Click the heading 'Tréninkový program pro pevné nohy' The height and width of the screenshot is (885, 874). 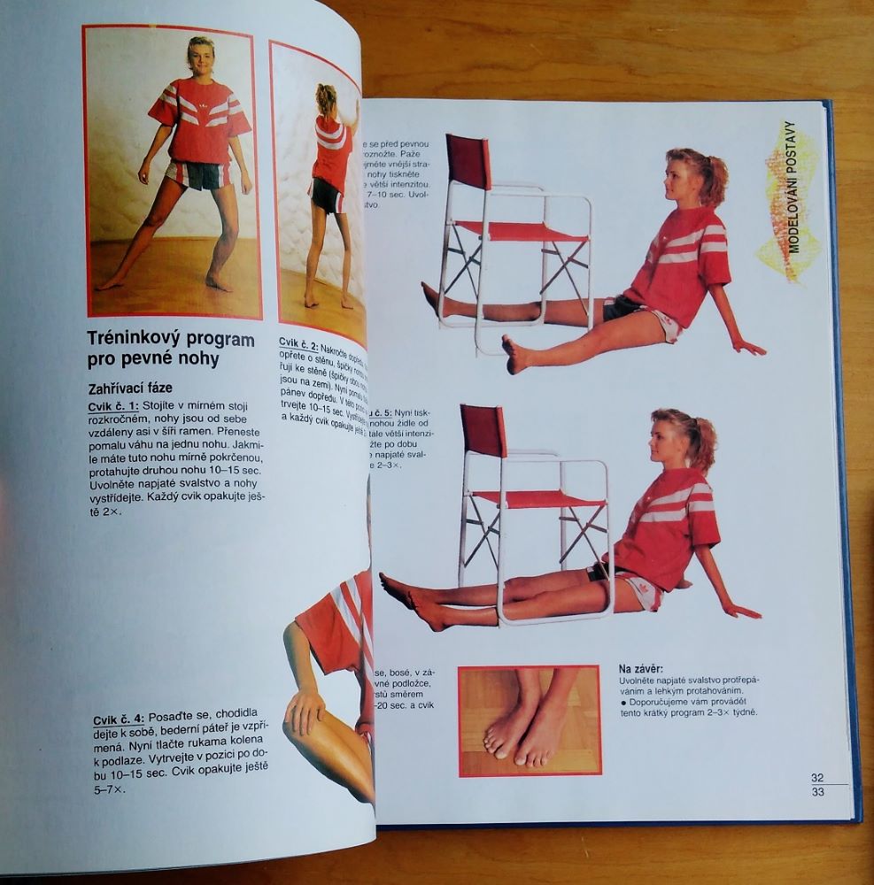pos(170,349)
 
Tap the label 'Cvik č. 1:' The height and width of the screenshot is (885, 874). pos(113,406)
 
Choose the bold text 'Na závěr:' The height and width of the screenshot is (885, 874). pos(641,668)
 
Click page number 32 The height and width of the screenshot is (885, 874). pos(817,778)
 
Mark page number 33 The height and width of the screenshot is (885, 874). pos(817,792)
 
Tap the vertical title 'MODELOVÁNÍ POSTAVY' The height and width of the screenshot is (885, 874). pos(793,189)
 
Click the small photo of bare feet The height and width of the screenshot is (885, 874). pos(530,720)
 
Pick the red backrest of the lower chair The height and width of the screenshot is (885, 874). pos(483,431)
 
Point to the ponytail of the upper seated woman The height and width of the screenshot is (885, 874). pos(713,178)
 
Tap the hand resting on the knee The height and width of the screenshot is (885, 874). pos(306,708)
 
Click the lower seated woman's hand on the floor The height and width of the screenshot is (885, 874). pos(740,610)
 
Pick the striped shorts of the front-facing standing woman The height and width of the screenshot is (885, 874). pos(198,174)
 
